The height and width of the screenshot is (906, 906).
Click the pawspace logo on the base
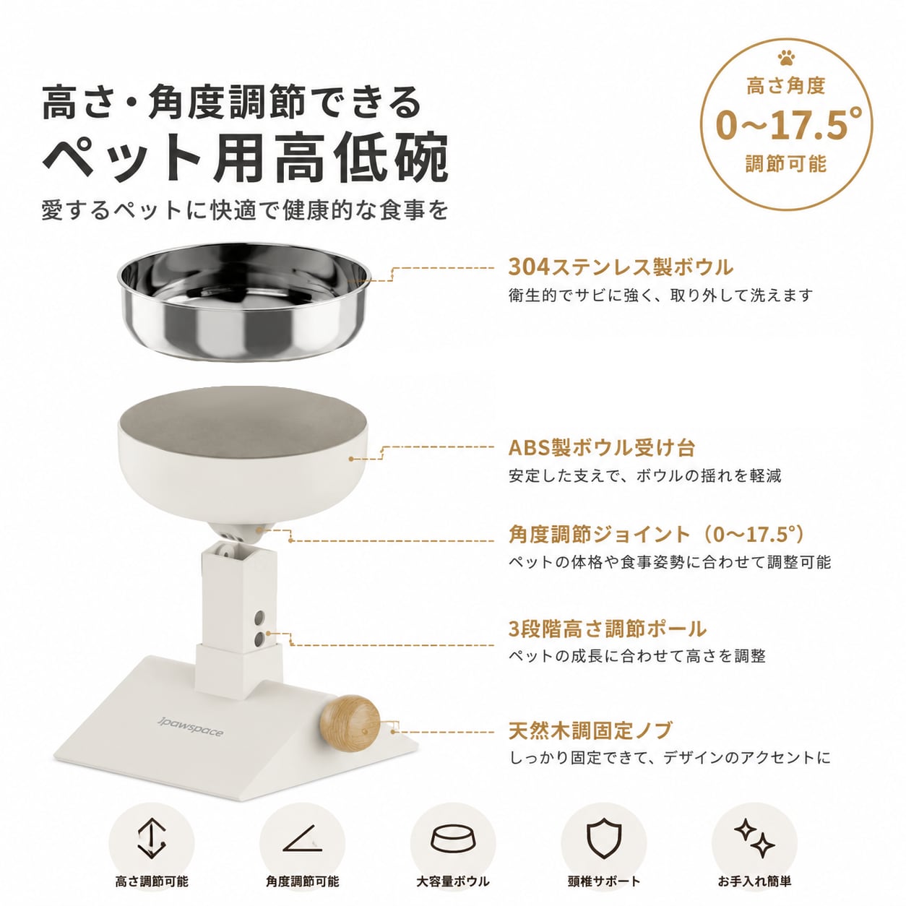pyautogui.click(x=191, y=726)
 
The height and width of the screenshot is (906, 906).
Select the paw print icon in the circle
pyautogui.click(x=786, y=59)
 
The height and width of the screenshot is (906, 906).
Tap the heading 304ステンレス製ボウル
pyautogui.click(x=621, y=267)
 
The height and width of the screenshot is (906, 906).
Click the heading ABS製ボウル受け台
pyautogui.click(x=602, y=448)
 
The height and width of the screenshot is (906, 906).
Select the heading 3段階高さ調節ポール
pyautogui.click(x=608, y=629)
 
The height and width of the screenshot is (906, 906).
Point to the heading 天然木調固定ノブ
pyautogui.click(x=590, y=730)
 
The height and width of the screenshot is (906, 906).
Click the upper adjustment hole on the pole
pyautogui.click(x=259, y=616)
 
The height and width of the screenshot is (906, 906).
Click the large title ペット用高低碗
pyautogui.click(x=244, y=158)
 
